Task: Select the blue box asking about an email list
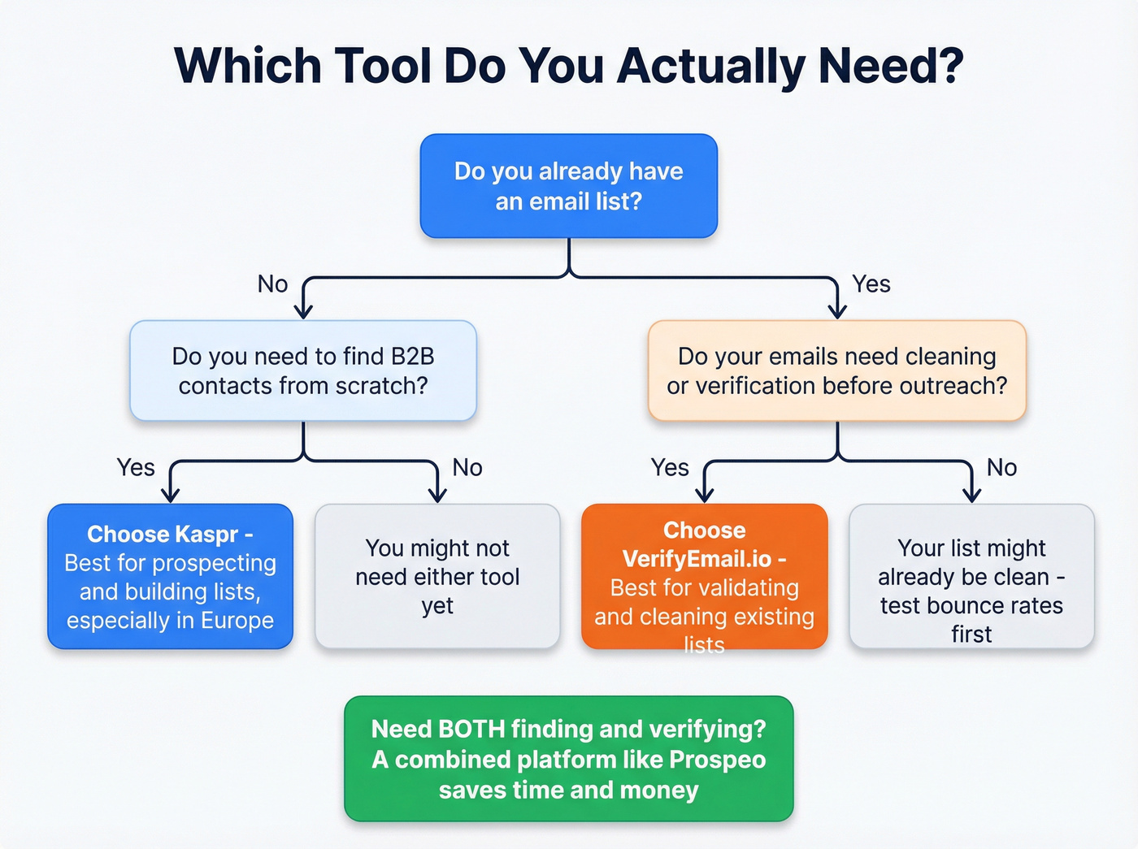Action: point(568,186)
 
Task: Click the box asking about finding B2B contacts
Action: point(303,370)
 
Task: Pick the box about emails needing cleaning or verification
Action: point(836,370)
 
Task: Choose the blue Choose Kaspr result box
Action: point(170,576)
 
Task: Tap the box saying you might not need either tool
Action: point(437,576)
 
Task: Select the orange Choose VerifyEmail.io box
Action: point(704,576)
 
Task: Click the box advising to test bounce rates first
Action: point(971,576)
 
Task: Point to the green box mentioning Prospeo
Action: point(568,759)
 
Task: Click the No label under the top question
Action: point(272,284)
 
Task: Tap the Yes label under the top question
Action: point(871,284)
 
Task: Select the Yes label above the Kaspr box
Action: point(135,468)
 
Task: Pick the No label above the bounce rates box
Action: point(1001,468)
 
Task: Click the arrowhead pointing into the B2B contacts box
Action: point(303,311)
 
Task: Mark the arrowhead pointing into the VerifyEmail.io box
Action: point(705,494)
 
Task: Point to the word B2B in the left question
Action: point(412,357)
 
